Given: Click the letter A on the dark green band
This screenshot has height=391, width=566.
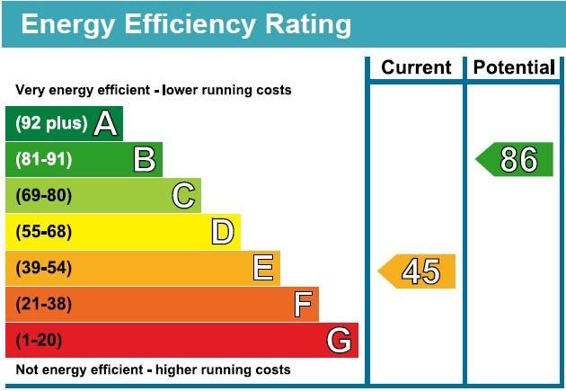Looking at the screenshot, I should [105, 123].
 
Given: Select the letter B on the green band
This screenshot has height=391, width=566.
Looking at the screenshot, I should [145, 160].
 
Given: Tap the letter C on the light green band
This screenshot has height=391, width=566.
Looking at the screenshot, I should [183, 196].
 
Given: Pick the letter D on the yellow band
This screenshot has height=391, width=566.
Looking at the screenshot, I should [223, 232].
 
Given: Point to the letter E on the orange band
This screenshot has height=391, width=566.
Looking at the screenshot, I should [262, 268].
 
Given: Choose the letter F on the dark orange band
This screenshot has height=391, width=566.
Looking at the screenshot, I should [303, 305].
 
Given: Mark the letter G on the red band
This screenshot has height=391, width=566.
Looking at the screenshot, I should [339, 341].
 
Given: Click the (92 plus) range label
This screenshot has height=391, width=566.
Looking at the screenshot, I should [51, 123].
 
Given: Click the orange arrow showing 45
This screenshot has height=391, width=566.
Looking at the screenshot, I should [418, 271].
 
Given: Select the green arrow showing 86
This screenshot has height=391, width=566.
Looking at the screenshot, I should [516, 159].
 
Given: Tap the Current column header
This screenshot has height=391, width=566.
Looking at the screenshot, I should [416, 67].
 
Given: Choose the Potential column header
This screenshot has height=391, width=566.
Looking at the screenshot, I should [513, 67].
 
